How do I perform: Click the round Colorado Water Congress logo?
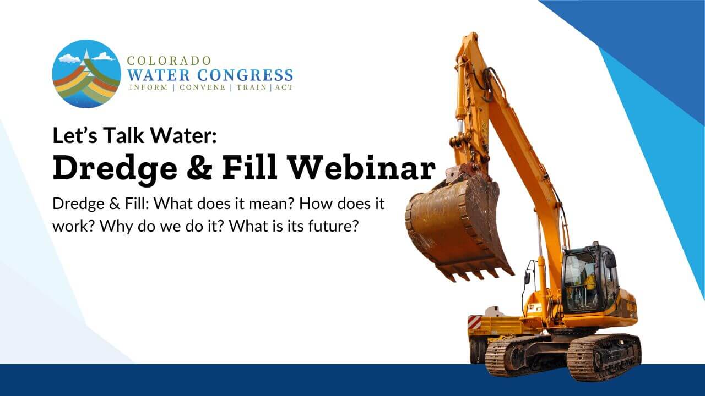(86, 74)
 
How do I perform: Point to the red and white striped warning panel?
(474, 322)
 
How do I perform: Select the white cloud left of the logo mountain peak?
(69, 57)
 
